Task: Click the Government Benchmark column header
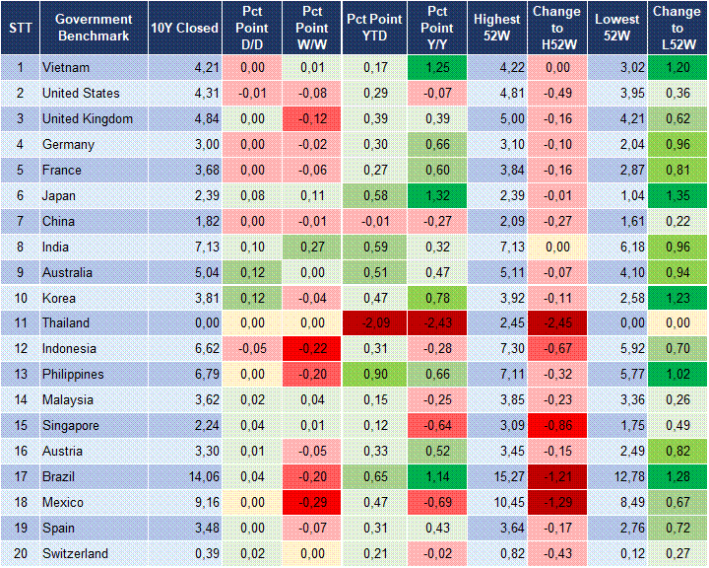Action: click(94, 28)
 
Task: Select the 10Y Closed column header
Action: click(184, 28)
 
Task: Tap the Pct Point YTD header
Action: click(373, 28)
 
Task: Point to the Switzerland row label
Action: click(75, 553)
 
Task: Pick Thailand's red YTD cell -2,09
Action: click(373, 323)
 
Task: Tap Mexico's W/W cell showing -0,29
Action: click(313, 502)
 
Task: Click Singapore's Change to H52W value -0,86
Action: click(557, 425)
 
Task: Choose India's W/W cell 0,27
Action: click(313, 247)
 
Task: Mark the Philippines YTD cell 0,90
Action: click(373, 375)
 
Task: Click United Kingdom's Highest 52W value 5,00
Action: click(498, 118)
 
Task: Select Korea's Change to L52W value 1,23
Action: click(677, 298)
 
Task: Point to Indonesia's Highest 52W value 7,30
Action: click(498, 349)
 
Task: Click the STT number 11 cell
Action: click(19, 323)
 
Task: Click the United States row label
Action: click(81, 93)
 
